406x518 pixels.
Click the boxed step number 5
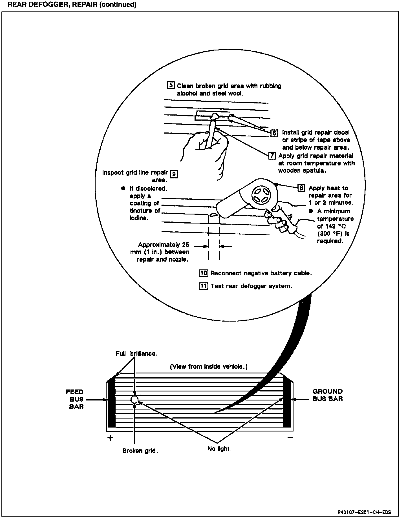171,85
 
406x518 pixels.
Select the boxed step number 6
274,133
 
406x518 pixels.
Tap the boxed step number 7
272,156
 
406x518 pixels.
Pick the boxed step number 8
301,188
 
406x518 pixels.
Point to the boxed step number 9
174,174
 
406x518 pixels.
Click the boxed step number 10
203,273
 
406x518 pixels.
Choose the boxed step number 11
203,286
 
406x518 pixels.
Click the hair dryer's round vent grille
262,194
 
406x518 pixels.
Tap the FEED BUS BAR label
75,399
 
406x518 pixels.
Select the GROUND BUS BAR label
327,395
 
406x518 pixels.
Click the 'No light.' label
219,449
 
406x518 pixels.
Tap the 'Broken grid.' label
140,451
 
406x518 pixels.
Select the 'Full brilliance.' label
136,354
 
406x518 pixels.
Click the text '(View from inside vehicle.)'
209,367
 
